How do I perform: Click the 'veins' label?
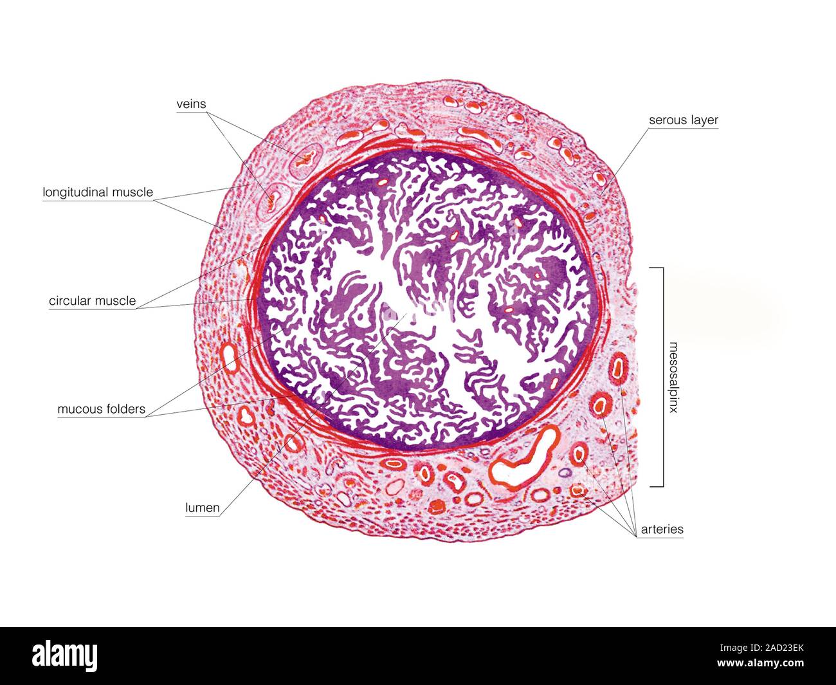coord(191,104)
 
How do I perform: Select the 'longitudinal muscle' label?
coord(98,192)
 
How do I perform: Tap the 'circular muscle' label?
coord(93,301)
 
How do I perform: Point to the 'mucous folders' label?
coord(102,409)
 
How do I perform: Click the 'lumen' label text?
coord(202,508)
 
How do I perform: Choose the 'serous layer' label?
coord(684,120)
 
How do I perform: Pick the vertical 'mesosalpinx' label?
coord(673,378)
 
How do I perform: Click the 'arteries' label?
coord(662,529)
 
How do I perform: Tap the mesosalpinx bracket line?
coord(663,377)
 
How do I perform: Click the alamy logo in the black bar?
coord(64,656)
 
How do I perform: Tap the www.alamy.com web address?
coord(760,662)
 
